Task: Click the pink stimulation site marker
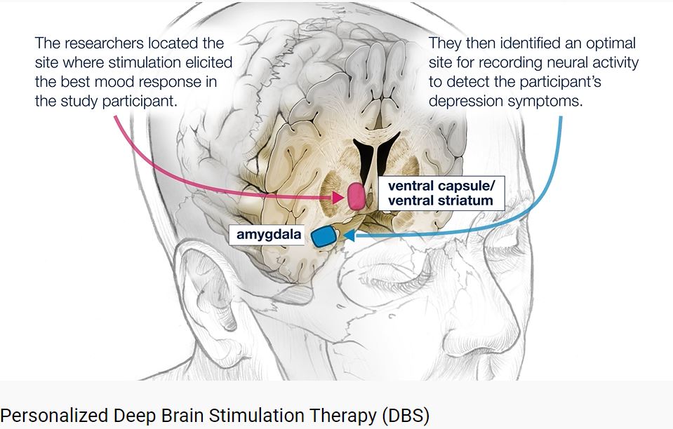click(x=357, y=196)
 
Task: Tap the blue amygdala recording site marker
click(x=324, y=236)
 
